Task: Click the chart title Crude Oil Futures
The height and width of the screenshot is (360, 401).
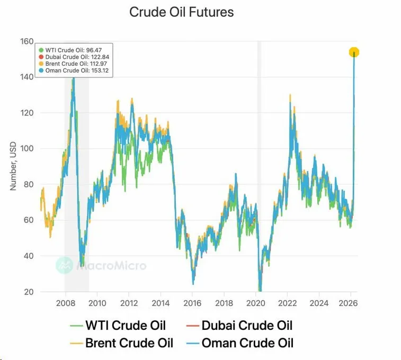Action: [x=181, y=12]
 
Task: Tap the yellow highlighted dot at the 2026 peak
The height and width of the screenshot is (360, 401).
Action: [x=354, y=52]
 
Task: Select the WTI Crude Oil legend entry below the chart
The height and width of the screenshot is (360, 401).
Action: [x=118, y=326]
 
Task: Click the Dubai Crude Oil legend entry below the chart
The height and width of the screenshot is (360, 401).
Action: [x=239, y=326]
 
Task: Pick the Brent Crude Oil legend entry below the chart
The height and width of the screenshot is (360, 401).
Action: [x=121, y=343]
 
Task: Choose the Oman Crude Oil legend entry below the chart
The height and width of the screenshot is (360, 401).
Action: [x=239, y=343]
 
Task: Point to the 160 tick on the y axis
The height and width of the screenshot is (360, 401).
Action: [x=26, y=41]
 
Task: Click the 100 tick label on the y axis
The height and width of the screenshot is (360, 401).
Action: [x=26, y=149]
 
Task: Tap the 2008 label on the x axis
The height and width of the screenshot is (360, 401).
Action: [x=65, y=303]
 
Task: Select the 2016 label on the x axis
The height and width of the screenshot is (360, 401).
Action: [x=192, y=303]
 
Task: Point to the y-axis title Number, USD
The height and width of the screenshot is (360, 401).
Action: [x=14, y=167]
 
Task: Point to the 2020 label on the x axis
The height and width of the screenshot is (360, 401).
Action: [x=256, y=303]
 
